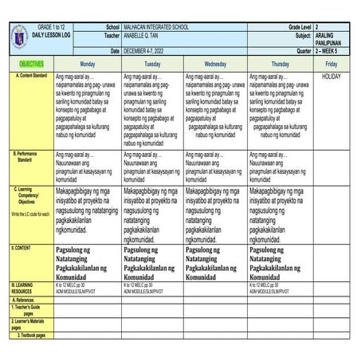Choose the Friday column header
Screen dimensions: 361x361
(x=332, y=63)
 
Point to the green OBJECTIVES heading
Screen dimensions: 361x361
(x=26, y=63)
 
